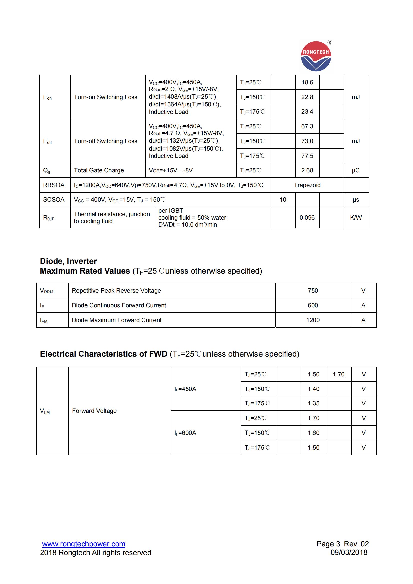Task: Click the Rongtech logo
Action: click(x=316, y=56)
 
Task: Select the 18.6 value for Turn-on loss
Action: click(x=307, y=82)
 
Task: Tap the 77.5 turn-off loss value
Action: click(x=307, y=156)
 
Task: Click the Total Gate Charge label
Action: click(x=99, y=170)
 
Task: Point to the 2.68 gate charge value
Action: click(x=307, y=170)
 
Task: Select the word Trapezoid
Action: click(x=307, y=185)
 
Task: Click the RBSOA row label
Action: click(x=54, y=185)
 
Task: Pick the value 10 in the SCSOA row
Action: click(x=283, y=200)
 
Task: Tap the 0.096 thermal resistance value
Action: click(x=307, y=218)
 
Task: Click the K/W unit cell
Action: click(x=356, y=218)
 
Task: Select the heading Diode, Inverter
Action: click(x=68, y=261)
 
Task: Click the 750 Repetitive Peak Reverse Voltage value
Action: click(x=313, y=290)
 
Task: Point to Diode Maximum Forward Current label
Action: click(x=116, y=320)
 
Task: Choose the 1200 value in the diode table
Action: click(x=313, y=320)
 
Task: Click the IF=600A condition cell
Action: click(x=185, y=433)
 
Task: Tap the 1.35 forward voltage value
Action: click(x=313, y=403)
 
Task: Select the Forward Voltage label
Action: click(x=94, y=411)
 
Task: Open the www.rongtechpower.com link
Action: click(x=84, y=544)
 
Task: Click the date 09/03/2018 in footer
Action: click(x=349, y=552)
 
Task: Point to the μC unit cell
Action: click(x=356, y=170)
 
